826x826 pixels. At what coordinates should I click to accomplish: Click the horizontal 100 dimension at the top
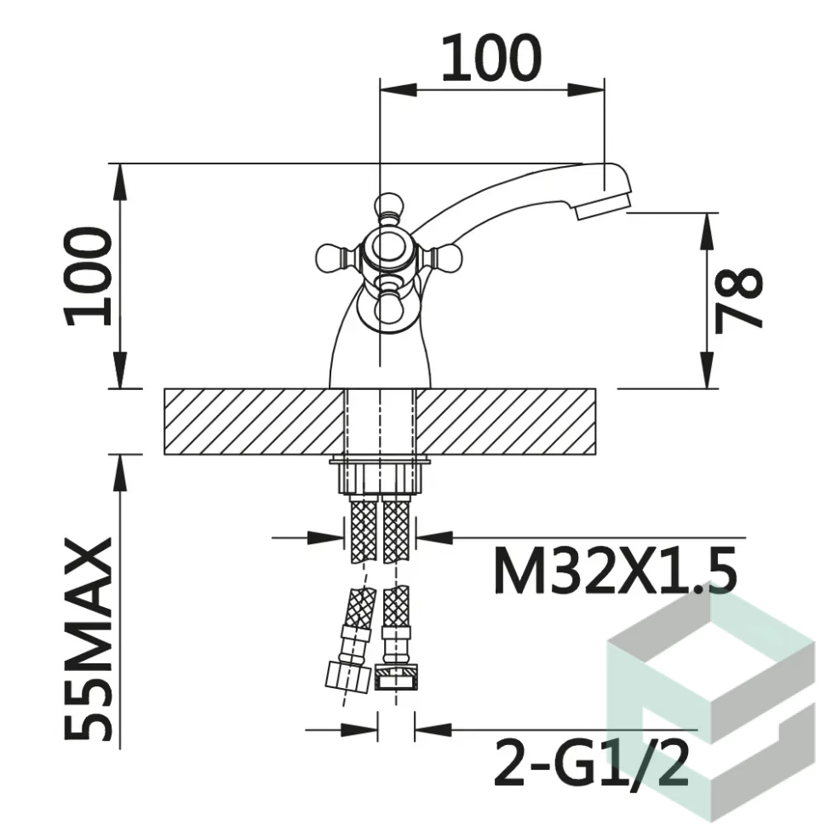coord(491,58)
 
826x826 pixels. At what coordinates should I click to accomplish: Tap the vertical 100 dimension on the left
coord(88,277)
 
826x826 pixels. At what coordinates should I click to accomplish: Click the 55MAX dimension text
coord(88,639)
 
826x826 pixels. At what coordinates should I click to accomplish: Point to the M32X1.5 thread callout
coord(616,570)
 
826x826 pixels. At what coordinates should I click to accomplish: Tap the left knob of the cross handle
coord(333,258)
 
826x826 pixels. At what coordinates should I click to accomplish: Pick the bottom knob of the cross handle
coord(390,311)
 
